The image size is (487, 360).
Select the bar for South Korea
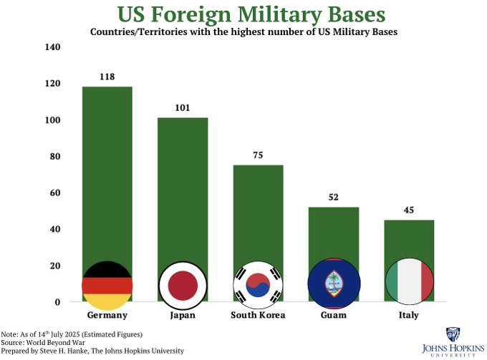tap(258, 215)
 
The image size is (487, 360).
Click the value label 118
tap(107, 77)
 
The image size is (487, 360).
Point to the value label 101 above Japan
tap(183, 108)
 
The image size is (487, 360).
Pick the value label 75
tap(258, 155)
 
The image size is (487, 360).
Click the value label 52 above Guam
tap(334, 197)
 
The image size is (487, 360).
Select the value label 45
tap(409, 210)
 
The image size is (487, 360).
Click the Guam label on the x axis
tap(334, 316)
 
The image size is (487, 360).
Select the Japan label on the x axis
tap(183, 316)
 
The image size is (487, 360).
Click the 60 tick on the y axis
tap(55, 193)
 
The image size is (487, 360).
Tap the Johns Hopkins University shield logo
tap(453, 335)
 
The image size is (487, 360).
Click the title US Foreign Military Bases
tap(244, 15)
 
